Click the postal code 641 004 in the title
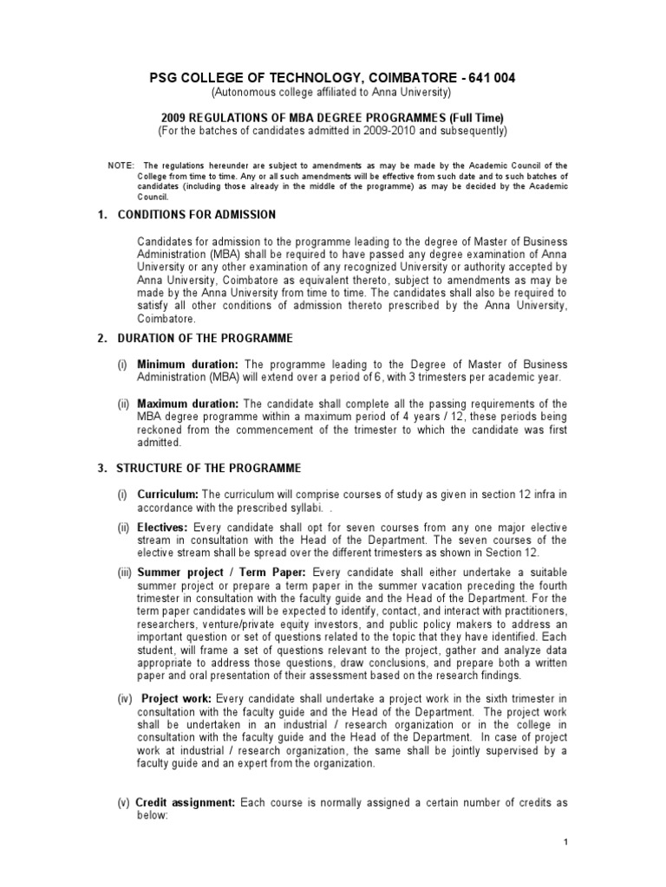point(491,77)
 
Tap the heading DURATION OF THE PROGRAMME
point(205,338)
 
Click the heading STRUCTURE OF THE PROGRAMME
point(208,468)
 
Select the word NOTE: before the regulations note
point(121,165)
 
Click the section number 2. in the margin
point(101,338)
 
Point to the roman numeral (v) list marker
point(124,803)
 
